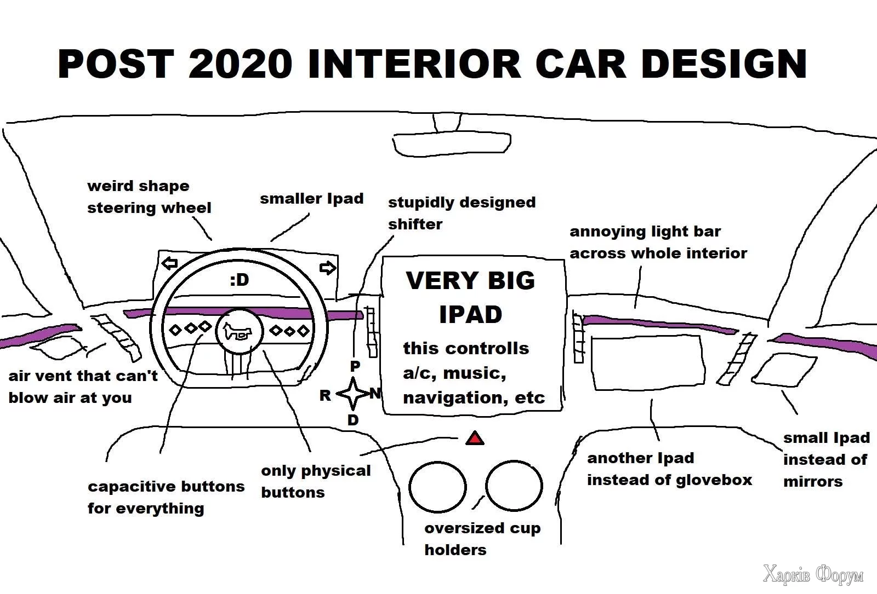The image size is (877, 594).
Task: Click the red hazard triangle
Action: click(x=475, y=439)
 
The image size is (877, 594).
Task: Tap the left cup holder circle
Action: click(x=437, y=487)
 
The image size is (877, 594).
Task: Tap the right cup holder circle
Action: click(x=514, y=485)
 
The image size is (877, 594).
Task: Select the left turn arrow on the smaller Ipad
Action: click(x=170, y=264)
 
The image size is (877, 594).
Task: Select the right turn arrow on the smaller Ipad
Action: click(x=327, y=268)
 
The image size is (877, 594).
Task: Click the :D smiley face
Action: click(x=239, y=280)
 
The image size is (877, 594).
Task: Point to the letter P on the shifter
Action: click(x=355, y=366)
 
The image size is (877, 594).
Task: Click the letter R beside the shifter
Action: click(x=325, y=395)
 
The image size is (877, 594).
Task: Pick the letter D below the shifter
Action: click(x=353, y=420)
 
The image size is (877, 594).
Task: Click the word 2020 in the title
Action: click(x=240, y=64)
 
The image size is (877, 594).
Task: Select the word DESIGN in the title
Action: click(x=724, y=64)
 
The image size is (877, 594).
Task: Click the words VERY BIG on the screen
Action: click(x=470, y=281)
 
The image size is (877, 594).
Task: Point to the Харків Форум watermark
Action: click(x=813, y=575)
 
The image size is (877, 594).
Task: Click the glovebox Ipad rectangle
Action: click(x=647, y=362)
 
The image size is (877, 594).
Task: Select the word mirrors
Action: click(x=813, y=482)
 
